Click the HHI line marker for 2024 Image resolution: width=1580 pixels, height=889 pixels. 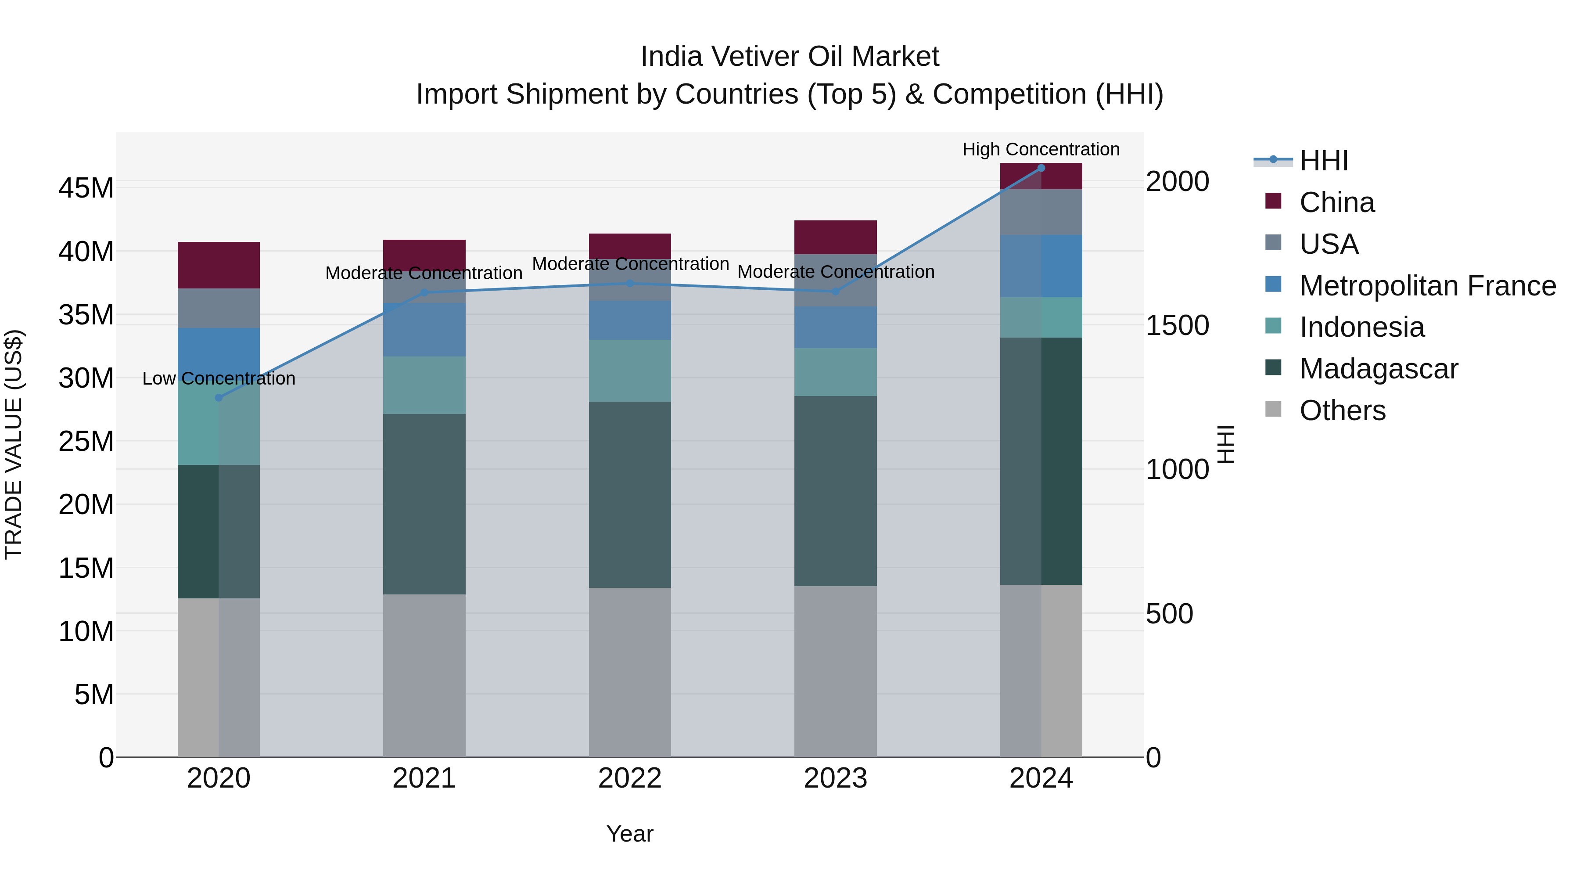[x=1041, y=168]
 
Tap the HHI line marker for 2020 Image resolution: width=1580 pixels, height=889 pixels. [x=219, y=398]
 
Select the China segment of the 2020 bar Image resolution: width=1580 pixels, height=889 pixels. [x=219, y=265]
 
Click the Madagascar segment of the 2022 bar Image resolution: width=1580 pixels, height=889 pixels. [x=629, y=494]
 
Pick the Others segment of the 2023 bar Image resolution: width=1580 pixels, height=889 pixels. [x=835, y=671]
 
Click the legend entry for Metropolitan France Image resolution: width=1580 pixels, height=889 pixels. [x=1427, y=286]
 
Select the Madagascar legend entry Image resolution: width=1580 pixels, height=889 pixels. [x=1378, y=369]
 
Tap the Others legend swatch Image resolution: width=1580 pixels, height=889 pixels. [x=1273, y=409]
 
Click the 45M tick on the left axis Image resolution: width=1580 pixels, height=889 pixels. [x=86, y=188]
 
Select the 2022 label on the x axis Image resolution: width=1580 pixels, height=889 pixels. [x=629, y=778]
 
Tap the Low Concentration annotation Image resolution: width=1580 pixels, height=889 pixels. [x=219, y=378]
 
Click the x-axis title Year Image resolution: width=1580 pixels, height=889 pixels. [x=629, y=834]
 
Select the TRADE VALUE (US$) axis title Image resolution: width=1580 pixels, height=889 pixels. [x=14, y=444]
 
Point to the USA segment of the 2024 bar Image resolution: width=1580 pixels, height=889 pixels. [x=1041, y=212]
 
